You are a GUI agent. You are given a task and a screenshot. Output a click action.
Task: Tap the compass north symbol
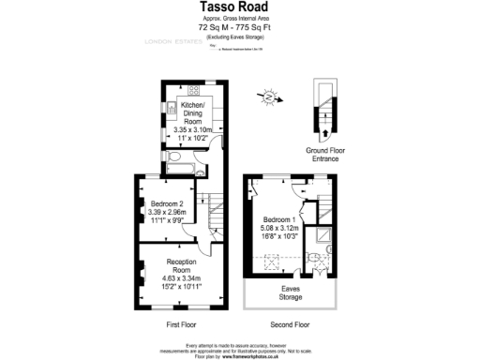(x=270, y=96)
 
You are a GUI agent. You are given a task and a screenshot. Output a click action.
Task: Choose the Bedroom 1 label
(x=280, y=220)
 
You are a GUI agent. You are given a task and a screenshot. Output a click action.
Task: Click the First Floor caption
(x=184, y=324)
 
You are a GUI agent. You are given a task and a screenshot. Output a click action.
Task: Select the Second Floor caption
(x=289, y=324)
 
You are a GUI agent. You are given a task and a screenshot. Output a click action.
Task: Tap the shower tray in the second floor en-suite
(x=323, y=235)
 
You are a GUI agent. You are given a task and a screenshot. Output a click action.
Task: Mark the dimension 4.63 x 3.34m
(x=185, y=277)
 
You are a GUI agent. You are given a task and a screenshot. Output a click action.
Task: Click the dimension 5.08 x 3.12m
(x=280, y=228)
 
